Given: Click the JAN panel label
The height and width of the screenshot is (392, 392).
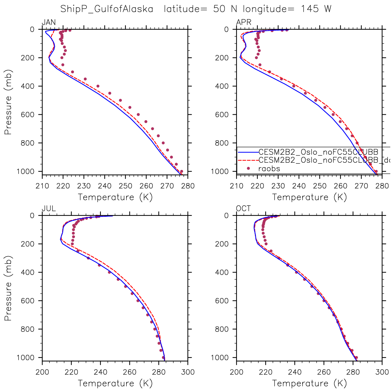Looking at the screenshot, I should pyautogui.click(x=48, y=22).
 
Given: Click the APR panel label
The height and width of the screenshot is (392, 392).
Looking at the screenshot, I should pyautogui.click(x=243, y=22).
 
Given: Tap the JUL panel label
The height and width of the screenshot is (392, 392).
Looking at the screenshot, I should pyautogui.click(x=48, y=209).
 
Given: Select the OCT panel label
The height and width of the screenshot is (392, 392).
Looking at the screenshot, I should pyautogui.click(x=243, y=209).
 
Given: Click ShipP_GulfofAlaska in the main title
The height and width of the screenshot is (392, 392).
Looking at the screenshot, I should pyautogui.click(x=107, y=9).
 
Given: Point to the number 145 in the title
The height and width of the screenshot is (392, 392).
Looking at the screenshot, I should pyautogui.click(x=310, y=9).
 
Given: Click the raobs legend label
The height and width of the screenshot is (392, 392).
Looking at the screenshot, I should pyautogui.click(x=269, y=169).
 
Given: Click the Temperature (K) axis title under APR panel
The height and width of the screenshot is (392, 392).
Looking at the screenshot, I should pyautogui.click(x=309, y=197).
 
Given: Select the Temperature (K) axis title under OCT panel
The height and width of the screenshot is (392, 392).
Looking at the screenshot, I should pyautogui.click(x=309, y=383).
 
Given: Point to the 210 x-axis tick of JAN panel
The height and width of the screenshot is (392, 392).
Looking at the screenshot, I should pyautogui.click(x=42, y=186).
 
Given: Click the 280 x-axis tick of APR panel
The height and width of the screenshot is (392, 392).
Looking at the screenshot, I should pyautogui.click(x=382, y=186).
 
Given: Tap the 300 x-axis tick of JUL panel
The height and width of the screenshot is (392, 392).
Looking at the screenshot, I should pyautogui.click(x=188, y=372).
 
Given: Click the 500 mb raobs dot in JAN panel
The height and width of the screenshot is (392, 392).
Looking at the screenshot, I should pyautogui.click(x=120, y=100).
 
